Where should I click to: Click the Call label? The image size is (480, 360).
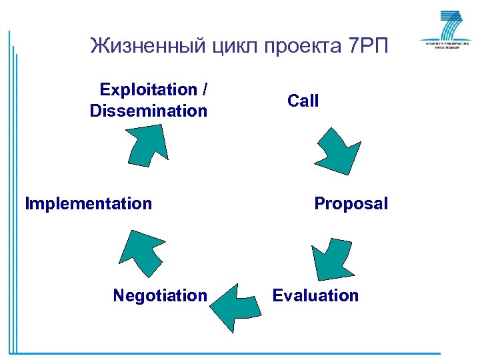303,101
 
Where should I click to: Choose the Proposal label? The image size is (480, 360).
351,203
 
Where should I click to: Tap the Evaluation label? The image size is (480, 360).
315,295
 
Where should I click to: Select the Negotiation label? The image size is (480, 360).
160,295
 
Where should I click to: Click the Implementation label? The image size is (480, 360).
88,203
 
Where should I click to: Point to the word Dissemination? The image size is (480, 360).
149,111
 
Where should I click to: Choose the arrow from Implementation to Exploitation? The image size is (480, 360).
147,143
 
